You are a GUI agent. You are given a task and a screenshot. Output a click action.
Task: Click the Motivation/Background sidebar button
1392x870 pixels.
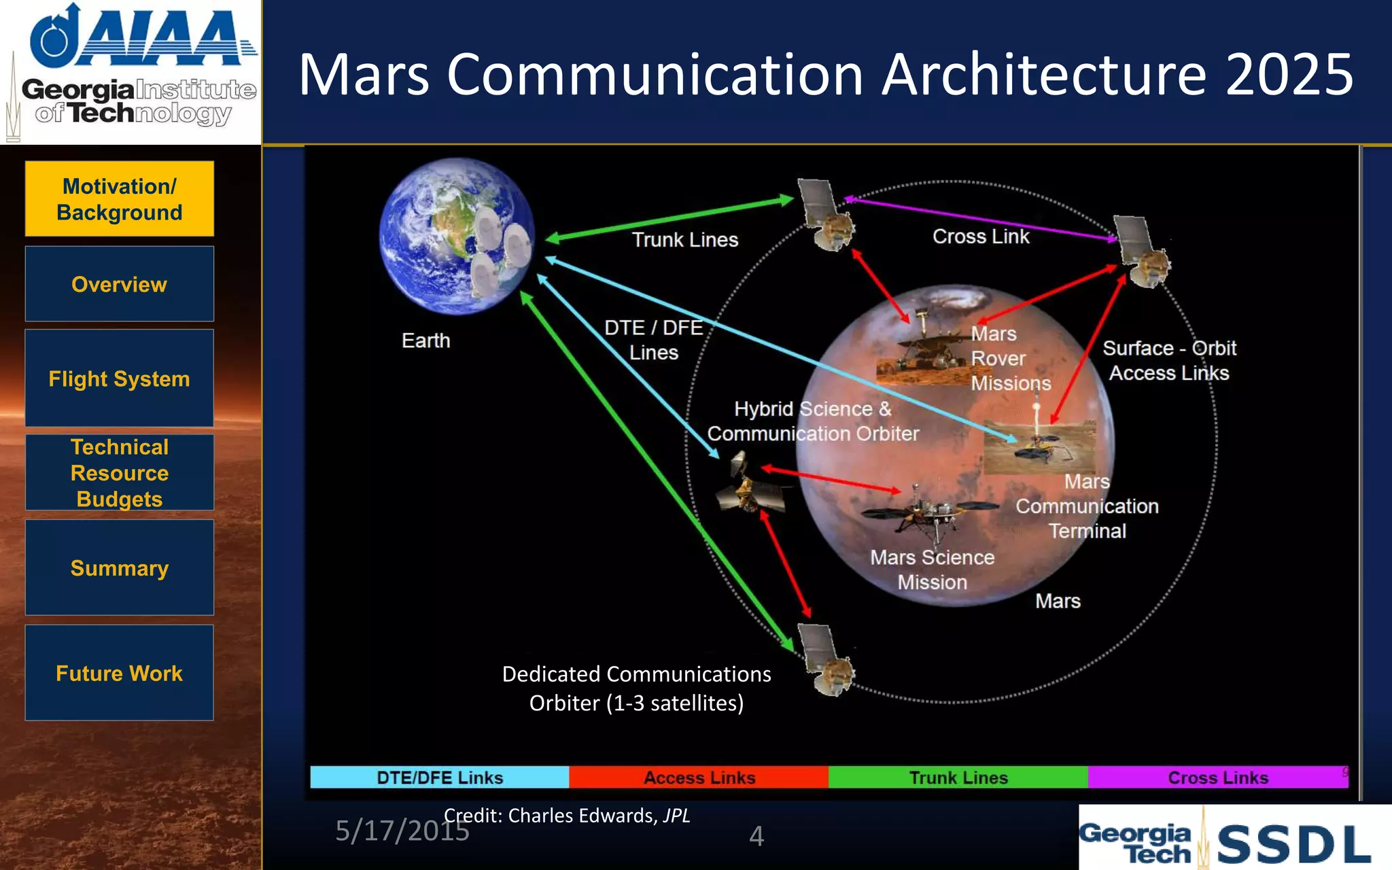120,199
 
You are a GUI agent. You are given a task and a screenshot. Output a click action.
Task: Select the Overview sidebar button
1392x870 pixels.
120,284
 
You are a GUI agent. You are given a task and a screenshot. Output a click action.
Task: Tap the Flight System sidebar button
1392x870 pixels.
120,379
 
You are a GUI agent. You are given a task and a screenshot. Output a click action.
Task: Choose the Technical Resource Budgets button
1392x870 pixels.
120,473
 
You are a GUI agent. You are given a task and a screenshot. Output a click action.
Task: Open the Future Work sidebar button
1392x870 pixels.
120,673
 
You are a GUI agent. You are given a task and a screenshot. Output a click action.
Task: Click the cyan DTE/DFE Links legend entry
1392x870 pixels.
440,778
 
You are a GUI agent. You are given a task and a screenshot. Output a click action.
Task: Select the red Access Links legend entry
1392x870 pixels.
699,778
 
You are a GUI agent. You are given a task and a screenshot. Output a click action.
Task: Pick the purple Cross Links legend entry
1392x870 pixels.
1217,778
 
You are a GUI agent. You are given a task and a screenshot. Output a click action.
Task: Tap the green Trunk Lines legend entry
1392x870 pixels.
958,778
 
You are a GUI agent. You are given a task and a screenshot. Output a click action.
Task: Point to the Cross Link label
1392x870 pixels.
981,237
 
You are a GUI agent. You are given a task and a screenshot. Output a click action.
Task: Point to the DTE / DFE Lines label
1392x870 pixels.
653,340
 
